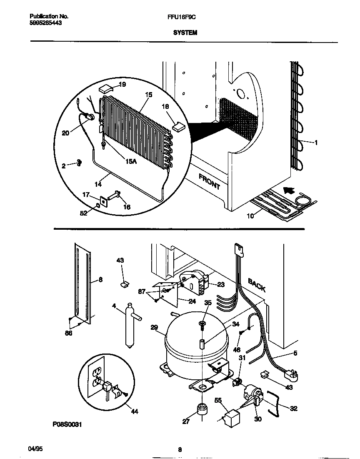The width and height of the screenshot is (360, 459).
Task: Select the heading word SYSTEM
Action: point(185,32)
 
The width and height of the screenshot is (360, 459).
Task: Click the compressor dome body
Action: point(196,342)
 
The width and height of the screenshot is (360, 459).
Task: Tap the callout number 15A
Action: point(130,162)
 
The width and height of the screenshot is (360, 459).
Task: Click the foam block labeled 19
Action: point(106,88)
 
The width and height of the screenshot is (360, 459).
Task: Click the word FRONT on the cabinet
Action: point(209,181)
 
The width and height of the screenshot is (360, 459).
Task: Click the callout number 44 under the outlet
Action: point(134,411)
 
